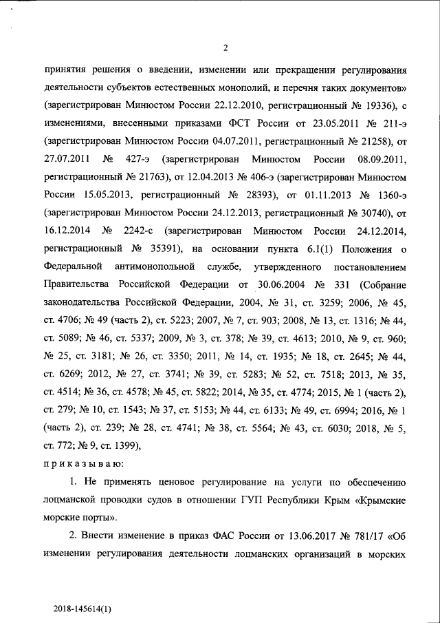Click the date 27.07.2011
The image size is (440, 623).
point(67,159)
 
